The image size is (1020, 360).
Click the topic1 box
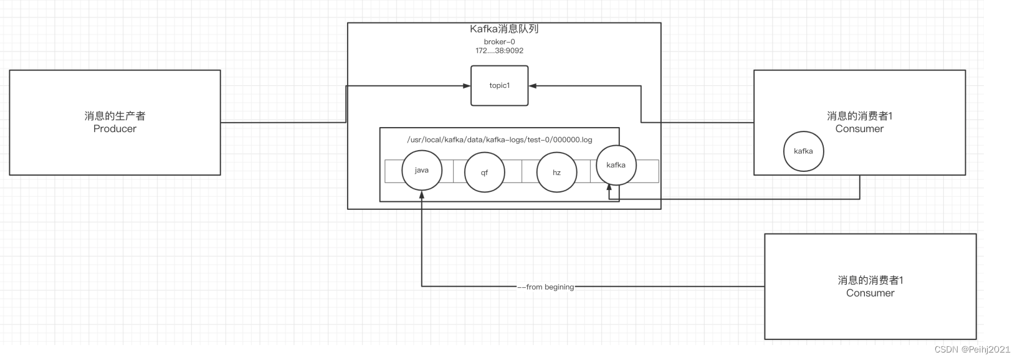[499, 85]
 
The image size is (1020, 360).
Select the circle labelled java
[422, 170]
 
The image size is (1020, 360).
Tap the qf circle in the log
[484, 173]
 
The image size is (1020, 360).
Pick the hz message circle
[556, 173]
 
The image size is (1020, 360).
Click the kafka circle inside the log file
[616, 165]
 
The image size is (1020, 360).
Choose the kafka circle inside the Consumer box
[803, 151]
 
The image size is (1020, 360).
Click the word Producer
[115, 129]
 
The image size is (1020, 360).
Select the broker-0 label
[499, 42]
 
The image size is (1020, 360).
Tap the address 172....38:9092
[499, 50]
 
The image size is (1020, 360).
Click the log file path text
[499, 140]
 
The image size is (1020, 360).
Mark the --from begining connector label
[546, 287]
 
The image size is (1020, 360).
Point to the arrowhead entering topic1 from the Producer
[467, 86]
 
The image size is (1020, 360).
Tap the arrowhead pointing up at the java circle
[422, 194]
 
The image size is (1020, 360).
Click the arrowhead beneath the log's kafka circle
[610, 195]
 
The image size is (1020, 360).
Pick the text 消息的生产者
[115, 116]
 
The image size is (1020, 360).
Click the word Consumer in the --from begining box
[870, 293]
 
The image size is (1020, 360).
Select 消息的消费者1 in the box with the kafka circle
[859, 116]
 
